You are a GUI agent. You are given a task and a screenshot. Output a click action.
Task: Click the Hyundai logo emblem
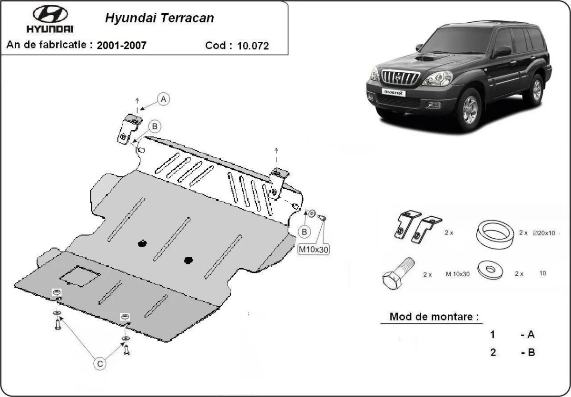(x=50, y=14)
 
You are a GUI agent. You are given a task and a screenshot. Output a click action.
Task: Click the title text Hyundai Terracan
(x=159, y=18)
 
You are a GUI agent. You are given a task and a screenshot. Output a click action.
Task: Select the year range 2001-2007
(x=121, y=46)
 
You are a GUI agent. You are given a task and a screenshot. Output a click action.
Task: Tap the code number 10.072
(x=253, y=46)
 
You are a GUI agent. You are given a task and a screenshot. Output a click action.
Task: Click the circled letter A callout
(x=163, y=99)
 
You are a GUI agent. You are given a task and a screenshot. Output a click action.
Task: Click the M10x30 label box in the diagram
(x=314, y=249)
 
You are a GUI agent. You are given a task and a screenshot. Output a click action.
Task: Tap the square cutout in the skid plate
(x=79, y=275)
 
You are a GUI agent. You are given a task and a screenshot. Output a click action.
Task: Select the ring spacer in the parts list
(x=495, y=233)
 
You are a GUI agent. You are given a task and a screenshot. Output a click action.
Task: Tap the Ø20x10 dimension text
(x=544, y=233)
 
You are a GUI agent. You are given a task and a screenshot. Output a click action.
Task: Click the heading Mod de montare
(x=434, y=317)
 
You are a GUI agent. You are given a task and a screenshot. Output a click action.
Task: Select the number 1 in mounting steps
(x=493, y=335)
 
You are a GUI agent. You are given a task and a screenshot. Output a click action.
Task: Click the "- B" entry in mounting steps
(x=528, y=353)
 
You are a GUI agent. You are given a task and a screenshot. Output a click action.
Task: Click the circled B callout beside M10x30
(x=304, y=232)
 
